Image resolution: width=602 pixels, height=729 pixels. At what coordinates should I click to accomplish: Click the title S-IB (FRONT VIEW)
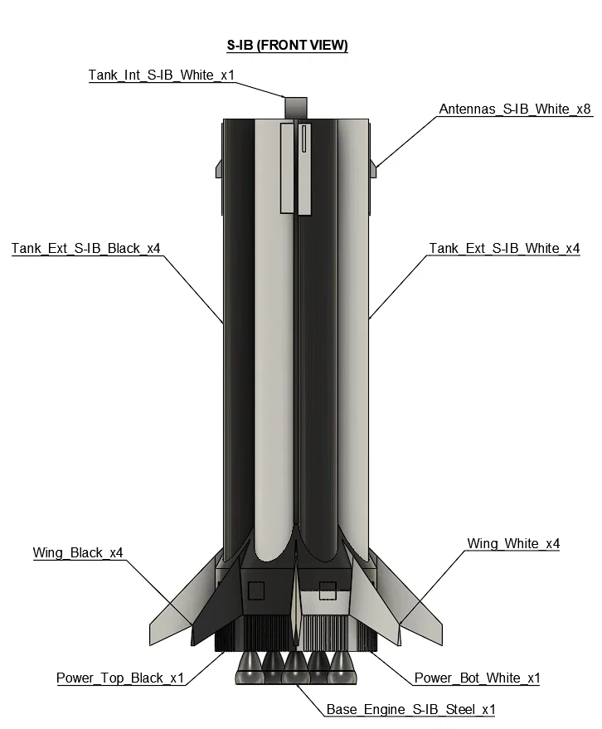click(x=287, y=45)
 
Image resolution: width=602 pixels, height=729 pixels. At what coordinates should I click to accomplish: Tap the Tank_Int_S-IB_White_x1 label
click(x=162, y=75)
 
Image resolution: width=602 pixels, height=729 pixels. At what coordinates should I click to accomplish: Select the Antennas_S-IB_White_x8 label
click(x=515, y=109)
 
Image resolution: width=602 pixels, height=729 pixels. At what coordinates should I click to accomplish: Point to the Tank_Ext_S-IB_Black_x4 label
click(x=86, y=248)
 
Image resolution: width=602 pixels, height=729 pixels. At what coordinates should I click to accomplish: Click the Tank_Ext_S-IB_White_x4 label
click(x=504, y=248)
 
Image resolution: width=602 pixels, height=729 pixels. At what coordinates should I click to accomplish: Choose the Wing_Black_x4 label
click(x=78, y=552)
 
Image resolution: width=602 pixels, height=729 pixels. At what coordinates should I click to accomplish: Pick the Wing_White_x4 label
click(x=513, y=543)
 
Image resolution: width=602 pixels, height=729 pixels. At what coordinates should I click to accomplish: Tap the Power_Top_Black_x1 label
click(x=120, y=678)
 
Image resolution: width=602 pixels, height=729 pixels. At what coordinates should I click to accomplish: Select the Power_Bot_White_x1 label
click(x=477, y=678)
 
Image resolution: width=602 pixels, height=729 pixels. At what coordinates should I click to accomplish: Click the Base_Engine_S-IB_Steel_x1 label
click(x=411, y=709)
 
